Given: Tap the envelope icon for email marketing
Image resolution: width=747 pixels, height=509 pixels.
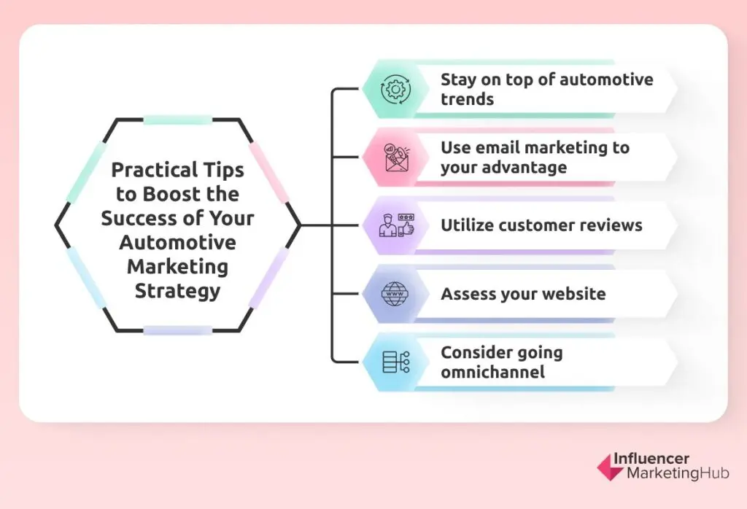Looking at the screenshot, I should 396,158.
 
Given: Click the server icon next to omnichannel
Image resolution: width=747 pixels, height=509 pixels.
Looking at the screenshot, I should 396,362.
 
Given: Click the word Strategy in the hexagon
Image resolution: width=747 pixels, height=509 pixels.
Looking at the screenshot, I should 177,290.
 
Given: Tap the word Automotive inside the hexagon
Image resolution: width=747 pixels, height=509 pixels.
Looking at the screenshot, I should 177,242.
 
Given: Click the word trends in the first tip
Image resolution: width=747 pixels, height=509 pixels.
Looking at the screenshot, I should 467,98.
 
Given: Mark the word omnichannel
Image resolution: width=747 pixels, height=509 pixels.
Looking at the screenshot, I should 492,373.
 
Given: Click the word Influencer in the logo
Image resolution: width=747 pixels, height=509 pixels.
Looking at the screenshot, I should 651,459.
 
